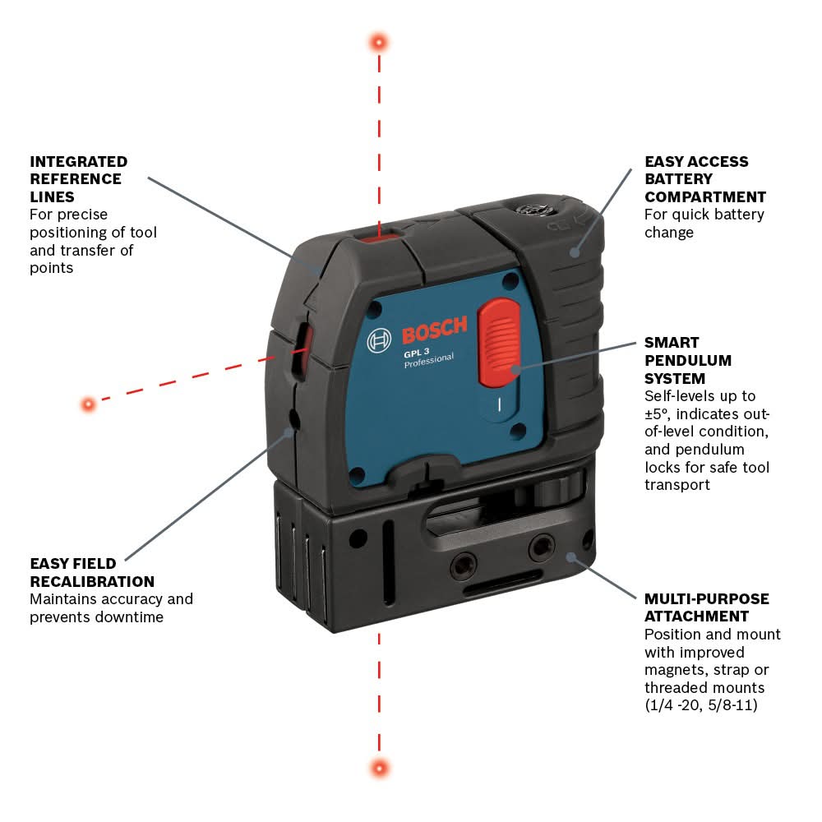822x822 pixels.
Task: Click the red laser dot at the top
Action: [x=379, y=41]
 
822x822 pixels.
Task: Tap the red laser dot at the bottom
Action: [x=379, y=768]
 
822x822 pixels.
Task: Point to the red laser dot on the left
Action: [x=88, y=404]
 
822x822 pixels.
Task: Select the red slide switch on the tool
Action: [x=499, y=342]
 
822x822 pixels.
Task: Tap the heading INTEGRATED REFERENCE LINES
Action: [x=78, y=179]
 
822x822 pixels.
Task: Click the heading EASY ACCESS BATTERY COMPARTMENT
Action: [x=704, y=179]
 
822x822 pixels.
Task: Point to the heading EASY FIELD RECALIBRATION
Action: [x=92, y=573]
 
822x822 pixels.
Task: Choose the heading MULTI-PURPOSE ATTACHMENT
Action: [x=706, y=607]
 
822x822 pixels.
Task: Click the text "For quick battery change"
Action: [x=704, y=224]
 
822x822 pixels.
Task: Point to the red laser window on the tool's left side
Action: [x=302, y=345]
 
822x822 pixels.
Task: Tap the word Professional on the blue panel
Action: [x=428, y=361]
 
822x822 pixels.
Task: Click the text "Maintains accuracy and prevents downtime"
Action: [x=111, y=607]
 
